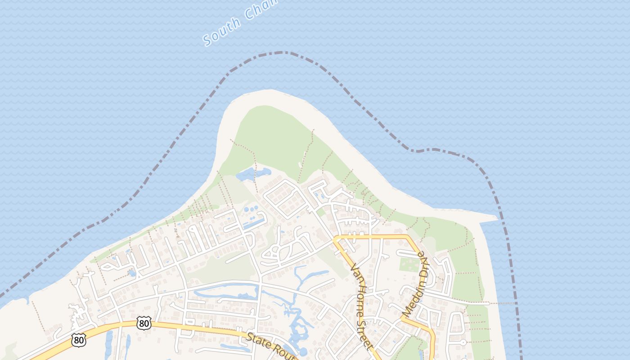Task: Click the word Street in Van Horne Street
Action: (366, 333)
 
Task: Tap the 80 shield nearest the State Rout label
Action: (144, 323)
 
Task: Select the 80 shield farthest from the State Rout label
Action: (78, 340)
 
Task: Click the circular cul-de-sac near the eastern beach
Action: (463, 342)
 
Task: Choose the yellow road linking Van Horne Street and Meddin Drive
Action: (373, 235)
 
